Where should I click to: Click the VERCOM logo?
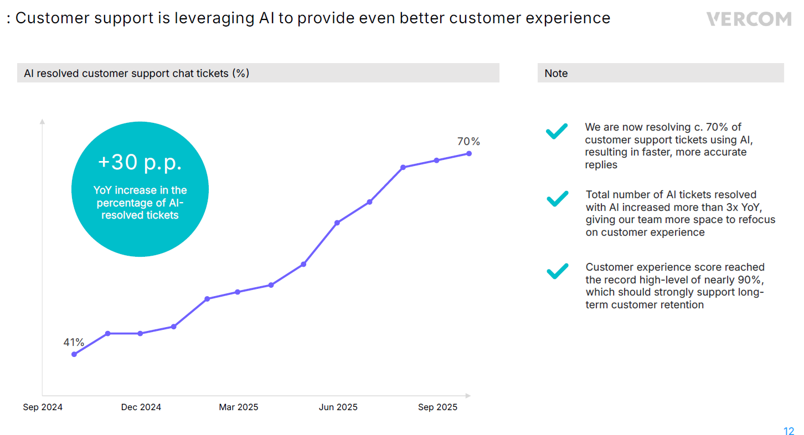coord(749,19)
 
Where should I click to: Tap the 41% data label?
coord(74,343)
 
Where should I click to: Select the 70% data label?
coord(468,142)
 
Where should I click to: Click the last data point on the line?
coord(469,153)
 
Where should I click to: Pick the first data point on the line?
coord(74,354)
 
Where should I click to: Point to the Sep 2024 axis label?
coord(43,407)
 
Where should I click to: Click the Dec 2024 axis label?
coord(141,407)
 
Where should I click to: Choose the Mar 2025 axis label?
coord(239,407)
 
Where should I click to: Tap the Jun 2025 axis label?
coord(338,407)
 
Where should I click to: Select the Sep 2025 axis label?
coord(437,407)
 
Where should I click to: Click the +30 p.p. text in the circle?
coord(140,162)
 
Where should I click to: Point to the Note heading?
coord(556,74)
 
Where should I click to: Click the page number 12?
coord(788,432)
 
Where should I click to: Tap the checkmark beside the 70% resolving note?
coord(556,132)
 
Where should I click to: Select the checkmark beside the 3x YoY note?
coord(557,199)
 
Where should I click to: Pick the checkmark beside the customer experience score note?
coord(557,271)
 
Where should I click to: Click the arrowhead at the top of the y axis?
coord(42,121)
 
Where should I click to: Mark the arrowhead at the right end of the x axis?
coord(468,396)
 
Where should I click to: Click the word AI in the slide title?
coord(266,18)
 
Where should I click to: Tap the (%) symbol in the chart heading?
coord(240,74)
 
